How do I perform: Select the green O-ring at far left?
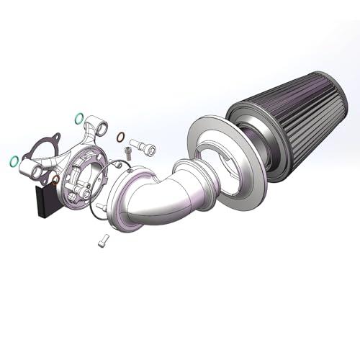[x=13, y=160]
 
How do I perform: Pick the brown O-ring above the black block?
[x=55, y=179]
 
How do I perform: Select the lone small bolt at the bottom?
[x=103, y=240]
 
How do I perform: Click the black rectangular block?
[x=45, y=200]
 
